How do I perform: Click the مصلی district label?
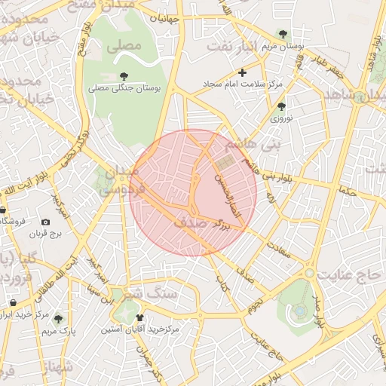pos(124,46)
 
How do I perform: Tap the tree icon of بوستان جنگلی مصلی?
pos(124,75)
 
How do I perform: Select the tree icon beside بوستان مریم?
pos(282,34)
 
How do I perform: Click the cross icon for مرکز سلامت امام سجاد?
pos(242,72)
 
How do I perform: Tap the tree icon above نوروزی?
pos(281,106)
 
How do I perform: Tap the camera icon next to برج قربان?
pos(45,222)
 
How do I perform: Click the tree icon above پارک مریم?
pos(58,319)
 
